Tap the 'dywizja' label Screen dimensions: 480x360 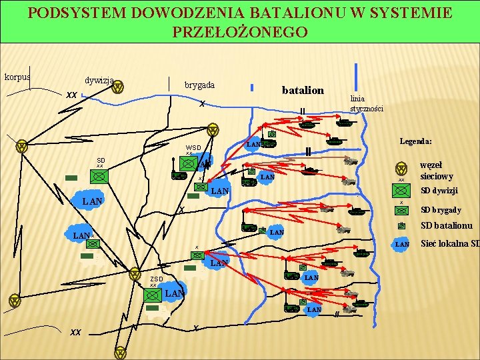(x=99, y=79)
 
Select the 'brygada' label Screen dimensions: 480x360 (x=199, y=85)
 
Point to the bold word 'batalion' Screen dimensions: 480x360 (x=303, y=90)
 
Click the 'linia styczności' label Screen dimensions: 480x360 (x=367, y=103)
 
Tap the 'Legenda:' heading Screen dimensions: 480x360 (x=416, y=141)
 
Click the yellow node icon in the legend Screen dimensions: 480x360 (x=401, y=169)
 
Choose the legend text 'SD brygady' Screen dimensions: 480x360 (x=441, y=210)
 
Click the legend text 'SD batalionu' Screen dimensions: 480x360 (x=446, y=225)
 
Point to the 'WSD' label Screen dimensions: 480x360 (x=193, y=147)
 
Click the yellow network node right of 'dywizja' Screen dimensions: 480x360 (x=117, y=86)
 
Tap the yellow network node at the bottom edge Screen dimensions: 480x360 (x=120, y=352)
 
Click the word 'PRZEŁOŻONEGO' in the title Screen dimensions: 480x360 (x=240, y=32)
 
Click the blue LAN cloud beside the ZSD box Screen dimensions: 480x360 (x=175, y=293)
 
